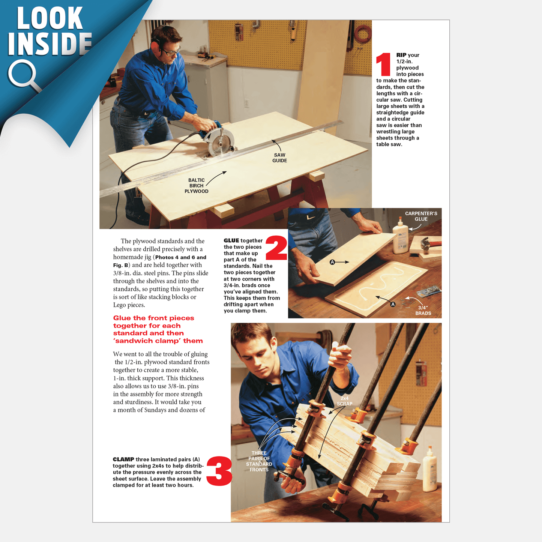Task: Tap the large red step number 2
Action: [x=276, y=248]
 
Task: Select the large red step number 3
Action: [x=219, y=471]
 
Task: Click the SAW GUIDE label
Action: [x=279, y=158]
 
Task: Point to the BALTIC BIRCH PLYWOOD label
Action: [x=196, y=186]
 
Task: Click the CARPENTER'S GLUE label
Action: [x=421, y=216]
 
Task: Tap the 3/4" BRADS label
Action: [x=423, y=310]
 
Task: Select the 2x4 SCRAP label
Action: [x=345, y=401]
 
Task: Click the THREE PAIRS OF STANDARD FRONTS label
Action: [x=259, y=461]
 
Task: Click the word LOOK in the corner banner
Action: [x=50, y=18]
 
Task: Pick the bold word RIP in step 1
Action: [x=401, y=55]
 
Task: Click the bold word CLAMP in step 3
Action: [x=123, y=459]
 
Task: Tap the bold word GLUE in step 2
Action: [x=231, y=240]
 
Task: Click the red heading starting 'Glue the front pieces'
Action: [x=158, y=329]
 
